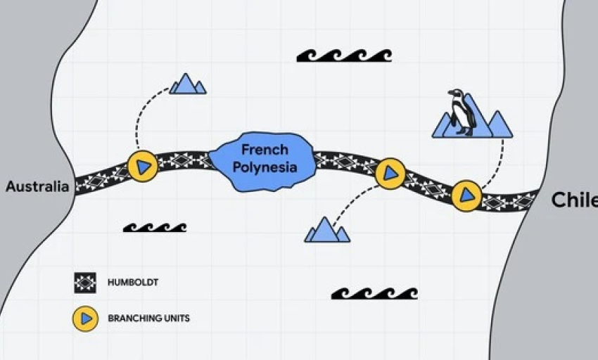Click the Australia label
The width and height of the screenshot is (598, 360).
click(37, 186)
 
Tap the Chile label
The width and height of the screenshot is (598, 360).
click(574, 200)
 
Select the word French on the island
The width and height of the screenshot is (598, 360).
click(265, 150)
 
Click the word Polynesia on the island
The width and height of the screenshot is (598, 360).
click(265, 167)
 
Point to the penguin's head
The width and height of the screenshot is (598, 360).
click(456, 94)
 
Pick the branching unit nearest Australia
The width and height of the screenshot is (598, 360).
click(143, 166)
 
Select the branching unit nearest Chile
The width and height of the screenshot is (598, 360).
click(466, 195)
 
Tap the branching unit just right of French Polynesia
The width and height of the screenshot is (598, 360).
click(390, 174)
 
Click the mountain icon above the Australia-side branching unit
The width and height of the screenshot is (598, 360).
click(188, 84)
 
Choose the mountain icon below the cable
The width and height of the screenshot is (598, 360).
click(327, 230)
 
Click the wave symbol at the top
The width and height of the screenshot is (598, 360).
click(345, 56)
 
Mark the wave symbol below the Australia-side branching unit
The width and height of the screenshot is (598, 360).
click(155, 228)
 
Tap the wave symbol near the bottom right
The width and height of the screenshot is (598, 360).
click(374, 294)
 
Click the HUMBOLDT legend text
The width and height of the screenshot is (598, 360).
click(133, 283)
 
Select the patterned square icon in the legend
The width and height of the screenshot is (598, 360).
click(85, 283)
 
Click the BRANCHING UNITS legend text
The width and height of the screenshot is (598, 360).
click(148, 319)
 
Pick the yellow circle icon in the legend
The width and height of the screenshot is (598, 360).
click(85, 319)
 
